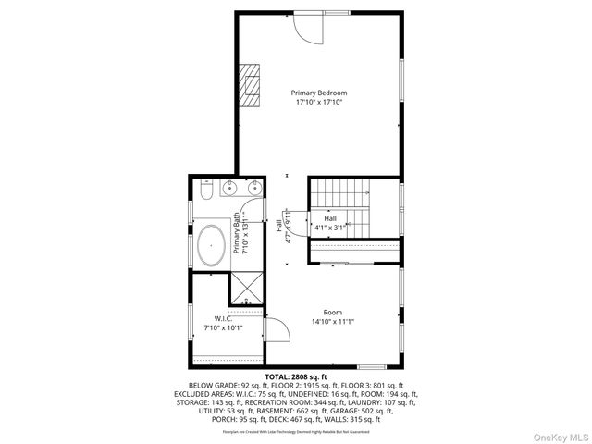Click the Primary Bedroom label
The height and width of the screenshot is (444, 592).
319,92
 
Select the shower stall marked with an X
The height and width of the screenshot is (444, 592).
246,290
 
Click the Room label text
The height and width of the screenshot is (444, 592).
332,312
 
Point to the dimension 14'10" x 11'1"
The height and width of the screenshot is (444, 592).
332,321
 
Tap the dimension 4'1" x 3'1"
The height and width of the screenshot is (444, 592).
330,227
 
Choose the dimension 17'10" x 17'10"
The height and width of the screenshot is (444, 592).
319,103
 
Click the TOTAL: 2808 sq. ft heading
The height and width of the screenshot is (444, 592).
296,377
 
